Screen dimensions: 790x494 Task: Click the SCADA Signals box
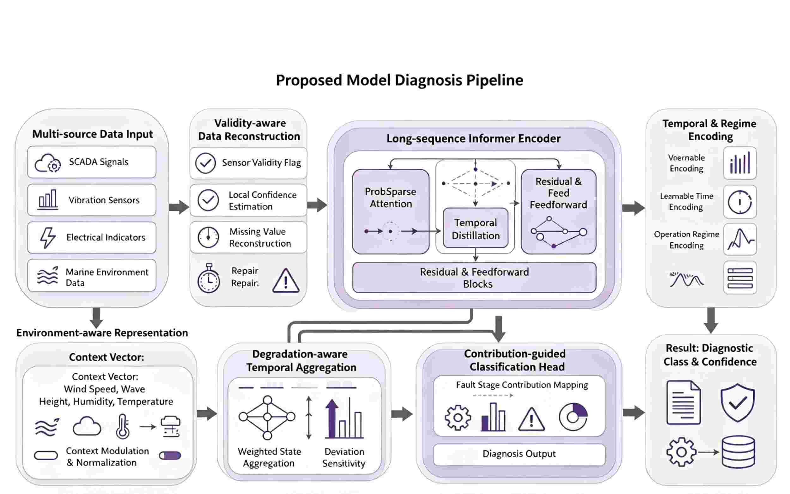click(92, 162)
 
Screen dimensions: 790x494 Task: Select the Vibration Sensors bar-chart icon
click(48, 199)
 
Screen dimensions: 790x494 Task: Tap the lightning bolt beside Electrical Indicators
click(48, 238)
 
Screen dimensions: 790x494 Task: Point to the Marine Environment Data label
click(107, 277)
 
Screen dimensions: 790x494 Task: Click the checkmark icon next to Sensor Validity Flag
click(205, 163)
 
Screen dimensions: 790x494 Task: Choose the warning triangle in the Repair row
click(286, 280)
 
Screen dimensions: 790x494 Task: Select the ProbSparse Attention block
click(391, 211)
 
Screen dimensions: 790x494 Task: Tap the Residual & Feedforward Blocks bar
click(474, 277)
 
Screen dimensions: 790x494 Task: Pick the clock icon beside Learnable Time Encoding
click(740, 202)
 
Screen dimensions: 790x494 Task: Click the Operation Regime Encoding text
click(686, 240)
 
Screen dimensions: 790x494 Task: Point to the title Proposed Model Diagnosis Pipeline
click(399, 80)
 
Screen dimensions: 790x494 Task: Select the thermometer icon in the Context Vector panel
click(123, 426)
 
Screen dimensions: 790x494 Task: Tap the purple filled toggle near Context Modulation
click(170, 455)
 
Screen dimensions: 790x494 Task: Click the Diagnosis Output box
click(519, 454)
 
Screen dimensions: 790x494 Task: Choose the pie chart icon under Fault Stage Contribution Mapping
click(573, 417)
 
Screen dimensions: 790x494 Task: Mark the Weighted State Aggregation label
click(269, 457)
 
